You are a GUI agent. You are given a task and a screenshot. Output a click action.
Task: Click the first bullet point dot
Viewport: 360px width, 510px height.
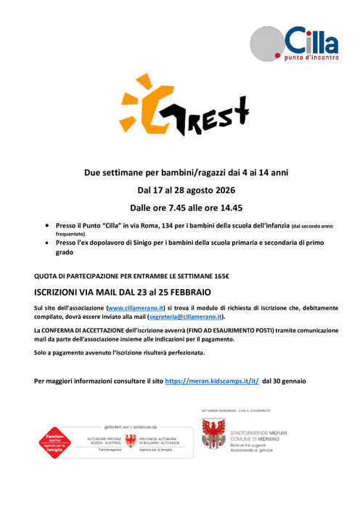coord(48,227)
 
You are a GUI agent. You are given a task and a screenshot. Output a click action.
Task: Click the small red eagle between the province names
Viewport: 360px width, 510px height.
coord(131,440)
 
